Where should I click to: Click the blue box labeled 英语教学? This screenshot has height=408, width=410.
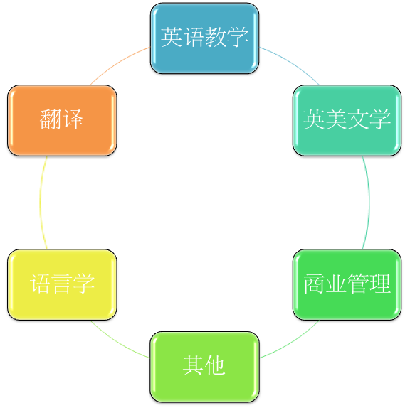tap(204, 38)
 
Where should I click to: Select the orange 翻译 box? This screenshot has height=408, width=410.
tap(62, 120)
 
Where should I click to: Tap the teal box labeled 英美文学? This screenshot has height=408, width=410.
tap(347, 120)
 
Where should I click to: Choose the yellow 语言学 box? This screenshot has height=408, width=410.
tap(62, 284)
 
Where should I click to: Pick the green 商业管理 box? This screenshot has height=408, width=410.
tap(347, 284)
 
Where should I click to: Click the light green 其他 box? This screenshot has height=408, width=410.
tap(204, 367)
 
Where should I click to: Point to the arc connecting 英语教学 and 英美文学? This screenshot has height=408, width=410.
tap(292, 63)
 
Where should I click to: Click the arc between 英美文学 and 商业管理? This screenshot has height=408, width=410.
tap(369, 203)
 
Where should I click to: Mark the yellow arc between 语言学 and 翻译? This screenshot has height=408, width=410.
tap(40, 203)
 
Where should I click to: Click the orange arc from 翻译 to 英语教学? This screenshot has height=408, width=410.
tap(117, 63)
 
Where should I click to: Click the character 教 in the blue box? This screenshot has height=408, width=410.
tap(216, 37)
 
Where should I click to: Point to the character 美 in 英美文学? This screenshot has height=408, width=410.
tap(336, 119)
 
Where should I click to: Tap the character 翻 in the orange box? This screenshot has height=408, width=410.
tap(51, 119)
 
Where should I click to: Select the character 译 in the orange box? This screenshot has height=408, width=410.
tap(73, 119)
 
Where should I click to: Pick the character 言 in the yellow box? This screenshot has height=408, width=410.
tap(62, 284)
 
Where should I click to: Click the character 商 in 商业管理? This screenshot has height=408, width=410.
tap(314, 284)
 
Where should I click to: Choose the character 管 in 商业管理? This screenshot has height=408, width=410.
tap(358, 284)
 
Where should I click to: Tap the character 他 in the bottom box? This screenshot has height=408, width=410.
tap(215, 365)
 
